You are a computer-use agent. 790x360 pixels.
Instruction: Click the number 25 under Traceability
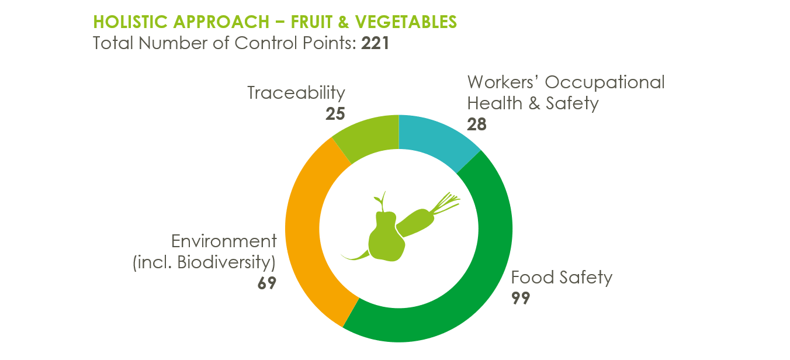tap(335, 113)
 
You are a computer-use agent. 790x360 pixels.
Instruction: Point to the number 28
tap(477, 124)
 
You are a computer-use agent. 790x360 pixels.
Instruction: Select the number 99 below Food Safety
tap(521, 298)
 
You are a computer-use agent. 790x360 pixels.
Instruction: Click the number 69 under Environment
tap(267, 283)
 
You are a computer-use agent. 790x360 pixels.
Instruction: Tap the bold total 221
tap(375, 43)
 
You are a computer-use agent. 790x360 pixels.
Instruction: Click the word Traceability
tap(296, 93)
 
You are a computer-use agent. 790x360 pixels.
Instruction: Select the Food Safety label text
tap(562, 277)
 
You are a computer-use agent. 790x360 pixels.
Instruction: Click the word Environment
tap(224, 241)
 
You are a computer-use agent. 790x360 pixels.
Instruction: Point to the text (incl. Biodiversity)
tap(204, 262)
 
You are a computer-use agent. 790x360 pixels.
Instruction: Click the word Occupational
tap(605, 82)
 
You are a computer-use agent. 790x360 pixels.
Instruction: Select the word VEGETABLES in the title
tap(406, 22)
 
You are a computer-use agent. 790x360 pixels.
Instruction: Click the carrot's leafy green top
tap(445, 203)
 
